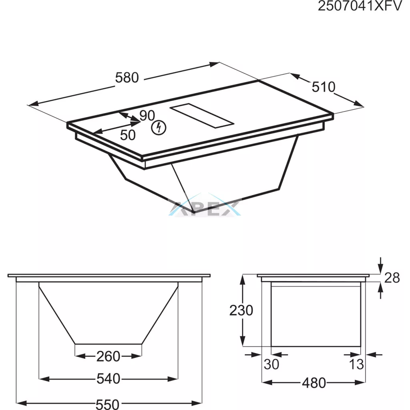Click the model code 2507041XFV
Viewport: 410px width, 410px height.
point(360,6)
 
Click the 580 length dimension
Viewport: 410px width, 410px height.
point(127,78)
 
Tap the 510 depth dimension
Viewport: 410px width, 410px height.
point(324,87)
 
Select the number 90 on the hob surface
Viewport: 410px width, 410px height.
point(147,116)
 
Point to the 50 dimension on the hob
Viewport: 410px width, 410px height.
point(128,135)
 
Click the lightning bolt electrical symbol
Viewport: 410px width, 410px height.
point(159,128)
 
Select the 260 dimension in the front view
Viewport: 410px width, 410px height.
point(108,356)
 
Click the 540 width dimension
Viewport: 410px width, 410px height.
point(108,379)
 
